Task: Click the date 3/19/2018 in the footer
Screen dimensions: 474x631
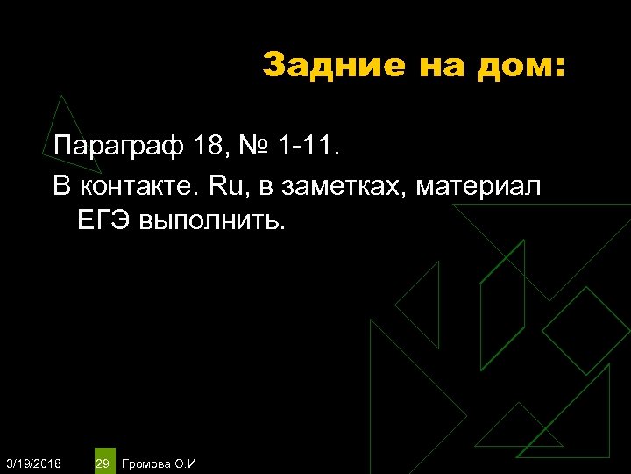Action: coord(33,463)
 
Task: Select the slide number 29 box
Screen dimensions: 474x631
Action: coord(103,462)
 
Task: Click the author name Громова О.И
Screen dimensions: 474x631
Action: coord(160,463)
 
